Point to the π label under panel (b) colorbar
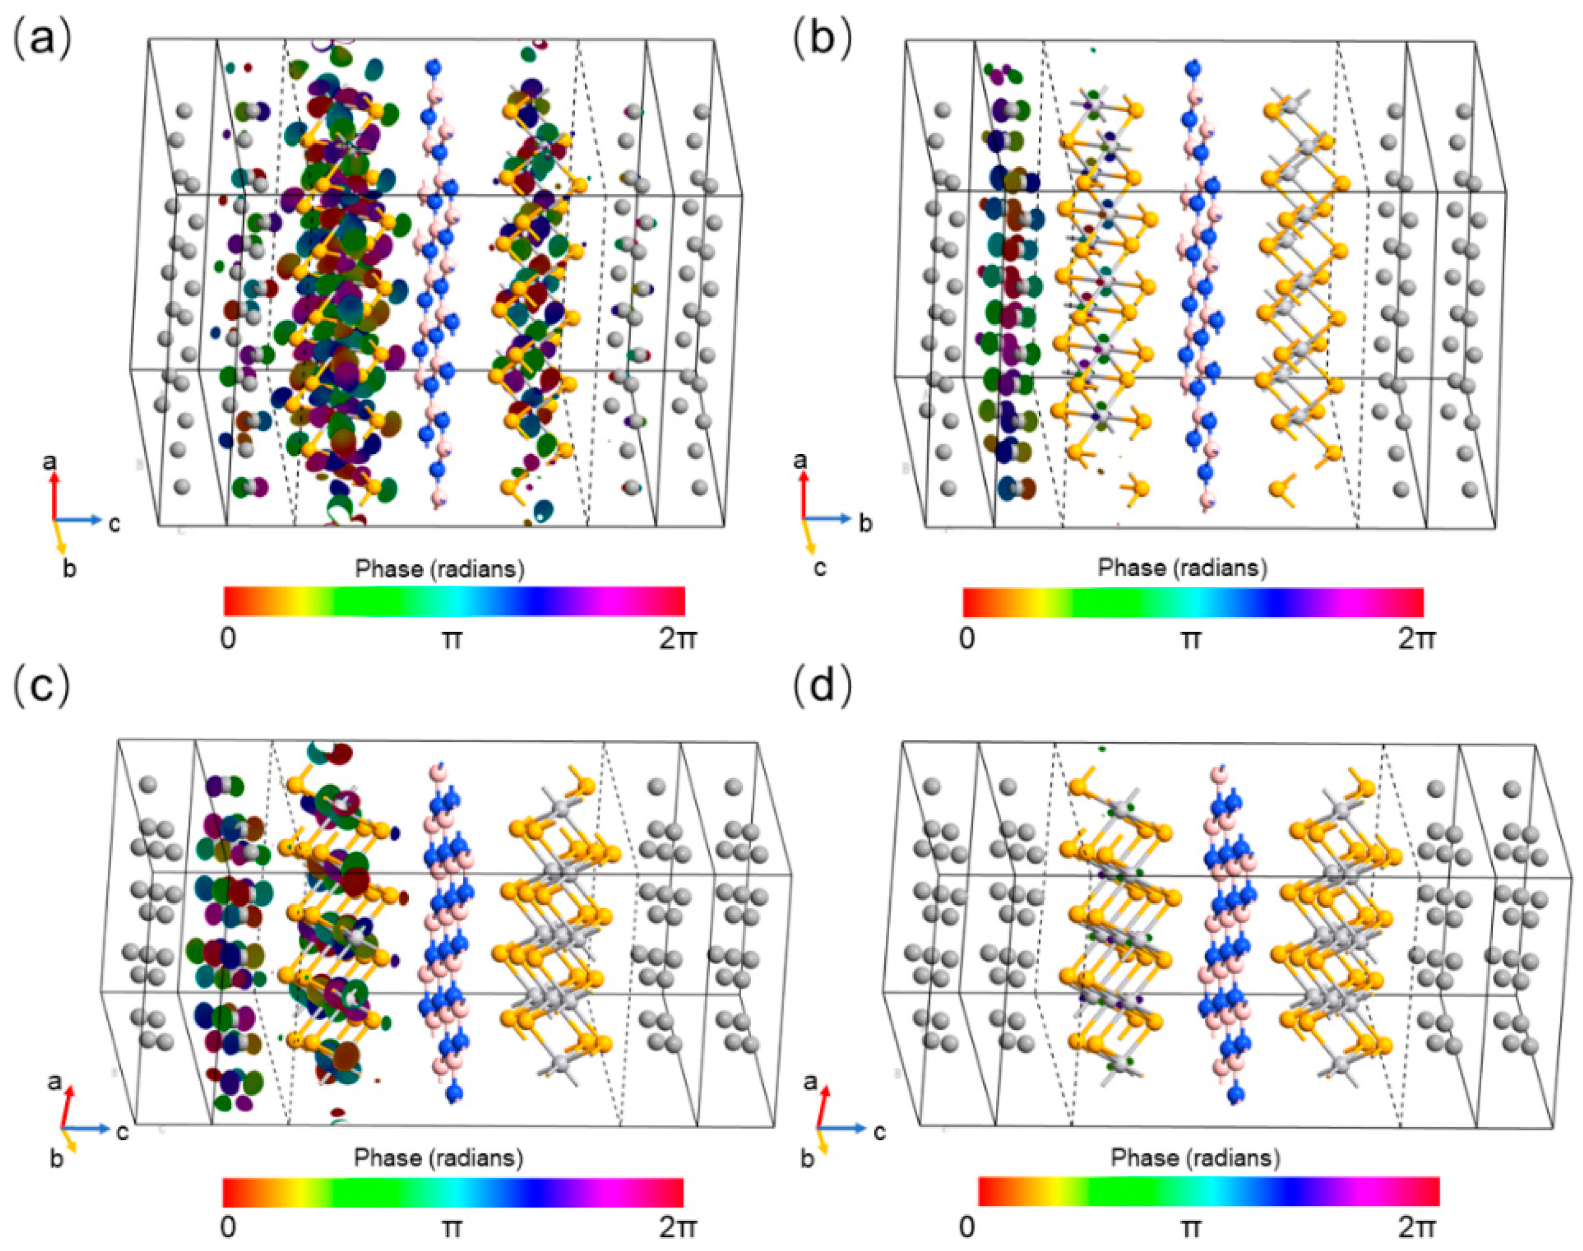[x=1191, y=640]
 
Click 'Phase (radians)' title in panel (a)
[x=439, y=569]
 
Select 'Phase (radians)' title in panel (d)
[x=1196, y=1157]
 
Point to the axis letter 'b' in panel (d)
[x=807, y=1159]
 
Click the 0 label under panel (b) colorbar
[x=967, y=640]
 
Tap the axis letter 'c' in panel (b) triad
[x=820, y=567]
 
